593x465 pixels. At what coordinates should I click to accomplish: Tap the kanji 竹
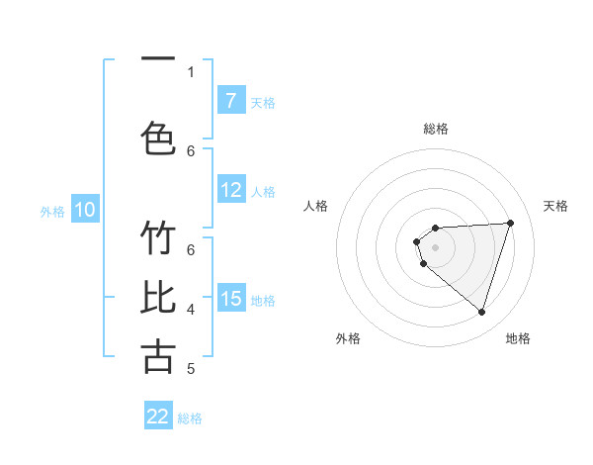(x=158, y=239)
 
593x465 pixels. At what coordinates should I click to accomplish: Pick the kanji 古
(x=158, y=356)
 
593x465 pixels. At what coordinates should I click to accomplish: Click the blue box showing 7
(x=230, y=100)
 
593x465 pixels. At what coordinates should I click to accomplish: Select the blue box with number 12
(x=230, y=190)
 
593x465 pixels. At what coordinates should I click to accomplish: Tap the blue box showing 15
(x=230, y=298)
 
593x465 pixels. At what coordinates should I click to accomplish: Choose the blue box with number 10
(x=85, y=209)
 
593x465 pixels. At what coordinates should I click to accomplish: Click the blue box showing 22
(x=158, y=417)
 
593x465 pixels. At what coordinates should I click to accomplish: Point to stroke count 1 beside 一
(x=191, y=71)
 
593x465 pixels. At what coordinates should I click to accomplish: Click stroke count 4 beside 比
(x=191, y=310)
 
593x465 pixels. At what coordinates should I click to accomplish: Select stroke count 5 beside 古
(x=191, y=369)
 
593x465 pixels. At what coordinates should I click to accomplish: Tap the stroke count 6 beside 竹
(x=191, y=249)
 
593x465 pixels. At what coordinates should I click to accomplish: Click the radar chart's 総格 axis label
(x=435, y=129)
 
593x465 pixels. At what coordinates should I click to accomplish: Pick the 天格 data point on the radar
(x=510, y=223)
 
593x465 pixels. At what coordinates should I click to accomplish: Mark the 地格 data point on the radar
(x=481, y=312)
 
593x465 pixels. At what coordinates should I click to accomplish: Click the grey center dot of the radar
(x=435, y=246)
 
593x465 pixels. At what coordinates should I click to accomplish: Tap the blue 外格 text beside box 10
(x=51, y=211)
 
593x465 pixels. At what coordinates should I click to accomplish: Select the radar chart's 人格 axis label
(x=316, y=206)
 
